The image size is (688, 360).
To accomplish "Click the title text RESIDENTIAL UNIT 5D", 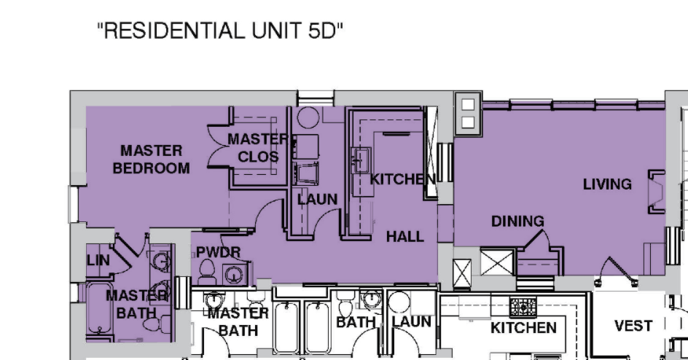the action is pyautogui.click(x=220, y=31).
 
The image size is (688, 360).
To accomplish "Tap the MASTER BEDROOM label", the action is pyautogui.click(x=152, y=160).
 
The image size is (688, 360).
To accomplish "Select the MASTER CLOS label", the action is pyautogui.click(x=259, y=148).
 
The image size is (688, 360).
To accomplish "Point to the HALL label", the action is pyautogui.click(x=405, y=237).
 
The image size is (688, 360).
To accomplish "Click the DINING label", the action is pyautogui.click(x=517, y=221).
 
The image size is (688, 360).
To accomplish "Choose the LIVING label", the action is pyautogui.click(x=607, y=184).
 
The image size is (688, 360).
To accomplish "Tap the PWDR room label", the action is pyautogui.click(x=218, y=252).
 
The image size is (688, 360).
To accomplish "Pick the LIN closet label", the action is pyautogui.click(x=98, y=260).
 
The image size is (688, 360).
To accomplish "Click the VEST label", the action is pyautogui.click(x=633, y=326).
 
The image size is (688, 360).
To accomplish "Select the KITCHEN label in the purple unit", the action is pyautogui.click(x=403, y=179).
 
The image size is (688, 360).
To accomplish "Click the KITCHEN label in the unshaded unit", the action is pyautogui.click(x=523, y=327).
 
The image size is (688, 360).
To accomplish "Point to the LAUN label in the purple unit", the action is pyautogui.click(x=317, y=200).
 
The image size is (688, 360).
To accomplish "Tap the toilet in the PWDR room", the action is pyautogui.click(x=207, y=273).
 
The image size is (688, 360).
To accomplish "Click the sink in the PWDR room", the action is pyautogui.click(x=232, y=275).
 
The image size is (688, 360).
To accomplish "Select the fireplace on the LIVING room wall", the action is pyautogui.click(x=657, y=192).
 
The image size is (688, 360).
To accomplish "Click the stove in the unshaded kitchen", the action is pyautogui.click(x=523, y=307).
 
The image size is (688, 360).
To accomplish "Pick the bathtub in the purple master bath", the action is pyautogui.click(x=98, y=308).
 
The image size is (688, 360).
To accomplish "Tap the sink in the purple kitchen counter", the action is pyautogui.click(x=361, y=160).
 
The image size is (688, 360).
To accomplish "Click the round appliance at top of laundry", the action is pyautogui.click(x=308, y=117).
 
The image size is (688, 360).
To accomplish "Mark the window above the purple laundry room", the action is pyautogui.click(x=315, y=98).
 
